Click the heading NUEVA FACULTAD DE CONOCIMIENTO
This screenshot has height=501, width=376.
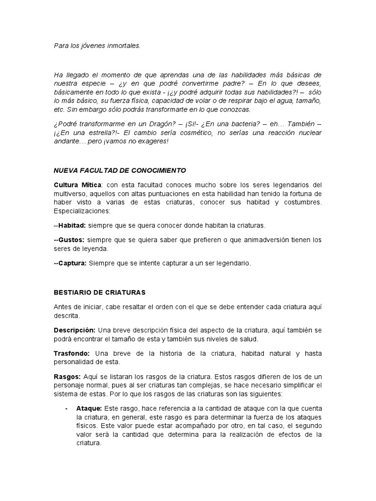coord(119,171)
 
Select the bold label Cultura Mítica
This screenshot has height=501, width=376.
coord(77,184)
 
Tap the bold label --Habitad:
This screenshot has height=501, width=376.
coord(70,226)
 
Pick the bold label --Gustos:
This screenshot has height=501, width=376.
coord(69,240)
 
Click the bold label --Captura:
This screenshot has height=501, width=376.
coord(70,263)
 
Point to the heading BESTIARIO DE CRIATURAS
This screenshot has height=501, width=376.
coord(99,292)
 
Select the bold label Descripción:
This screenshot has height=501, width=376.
coord(74,330)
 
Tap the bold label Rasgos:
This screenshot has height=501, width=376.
coord(67,377)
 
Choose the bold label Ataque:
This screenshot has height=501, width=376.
coord(89,408)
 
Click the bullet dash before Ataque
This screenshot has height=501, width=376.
coord(66,408)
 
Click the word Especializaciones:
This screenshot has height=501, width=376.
coord(82,211)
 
